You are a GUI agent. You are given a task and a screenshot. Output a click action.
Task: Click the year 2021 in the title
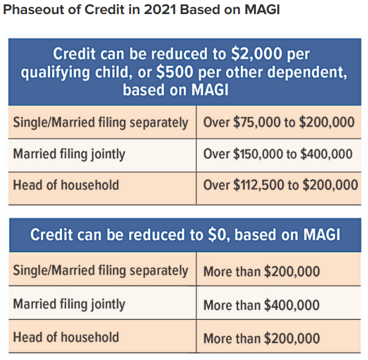tap(160, 10)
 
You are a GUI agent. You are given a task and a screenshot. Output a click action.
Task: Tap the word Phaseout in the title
tap(33, 10)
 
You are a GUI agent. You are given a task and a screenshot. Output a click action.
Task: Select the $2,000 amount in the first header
tap(256, 54)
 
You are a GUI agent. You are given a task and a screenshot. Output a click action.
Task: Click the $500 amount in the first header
tap(174, 72)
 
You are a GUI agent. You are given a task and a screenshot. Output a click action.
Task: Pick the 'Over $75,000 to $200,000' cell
tap(279, 122)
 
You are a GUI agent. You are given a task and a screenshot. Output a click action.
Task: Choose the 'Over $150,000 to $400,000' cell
tap(278, 154)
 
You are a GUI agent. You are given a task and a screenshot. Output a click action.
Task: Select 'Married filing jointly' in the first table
tap(69, 154)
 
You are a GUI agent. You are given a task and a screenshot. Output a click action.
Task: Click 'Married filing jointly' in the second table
tap(69, 304)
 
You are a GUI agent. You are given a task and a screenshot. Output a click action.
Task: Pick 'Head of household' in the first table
tap(66, 185)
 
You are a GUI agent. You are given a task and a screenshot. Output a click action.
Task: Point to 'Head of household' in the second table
tap(66, 337)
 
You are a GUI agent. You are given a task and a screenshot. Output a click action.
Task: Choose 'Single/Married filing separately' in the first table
tap(101, 123)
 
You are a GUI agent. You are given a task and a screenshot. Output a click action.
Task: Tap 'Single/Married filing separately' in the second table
tap(101, 271)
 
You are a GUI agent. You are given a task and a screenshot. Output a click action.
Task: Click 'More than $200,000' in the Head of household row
tap(262, 339)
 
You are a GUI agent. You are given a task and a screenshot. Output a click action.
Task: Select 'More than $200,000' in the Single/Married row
tap(262, 272)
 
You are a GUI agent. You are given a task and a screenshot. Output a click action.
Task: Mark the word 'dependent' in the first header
tap(307, 73)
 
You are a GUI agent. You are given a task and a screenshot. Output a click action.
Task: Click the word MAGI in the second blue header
tap(322, 234)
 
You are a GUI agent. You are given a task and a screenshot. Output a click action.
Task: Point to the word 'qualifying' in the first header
tap(55, 73)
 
